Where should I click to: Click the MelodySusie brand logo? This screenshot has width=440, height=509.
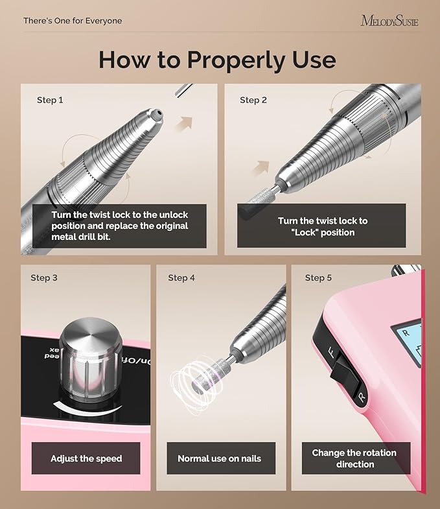(x=389, y=21)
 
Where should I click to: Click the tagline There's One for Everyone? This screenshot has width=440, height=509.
(x=73, y=21)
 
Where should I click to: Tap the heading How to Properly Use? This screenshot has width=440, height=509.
(x=217, y=60)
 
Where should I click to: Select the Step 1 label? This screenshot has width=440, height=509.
(x=51, y=100)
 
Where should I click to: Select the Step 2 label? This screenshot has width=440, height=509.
(x=253, y=100)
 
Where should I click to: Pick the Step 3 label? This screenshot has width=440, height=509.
(x=44, y=278)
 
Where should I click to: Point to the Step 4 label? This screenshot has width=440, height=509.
(x=181, y=278)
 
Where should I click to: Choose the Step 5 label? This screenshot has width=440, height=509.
(x=318, y=278)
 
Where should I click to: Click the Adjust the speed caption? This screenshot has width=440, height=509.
(x=86, y=458)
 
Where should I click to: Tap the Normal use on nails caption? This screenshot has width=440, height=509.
(x=220, y=458)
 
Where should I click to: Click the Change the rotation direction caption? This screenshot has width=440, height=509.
(x=354, y=458)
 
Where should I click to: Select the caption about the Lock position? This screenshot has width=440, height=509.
(x=322, y=226)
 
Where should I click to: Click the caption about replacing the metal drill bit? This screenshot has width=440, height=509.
(x=120, y=226)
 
